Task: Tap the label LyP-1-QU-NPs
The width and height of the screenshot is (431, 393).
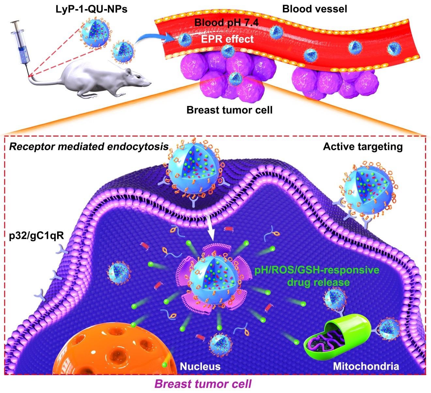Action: pos(91,9)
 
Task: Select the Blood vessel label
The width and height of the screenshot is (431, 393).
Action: pos(315,9)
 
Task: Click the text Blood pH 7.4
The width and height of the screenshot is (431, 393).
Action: pos(226,23)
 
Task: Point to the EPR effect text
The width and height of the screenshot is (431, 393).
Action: pos(227,39)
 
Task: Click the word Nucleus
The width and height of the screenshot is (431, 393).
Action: pos(200,366)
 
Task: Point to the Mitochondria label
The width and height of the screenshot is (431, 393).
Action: pos(366,366)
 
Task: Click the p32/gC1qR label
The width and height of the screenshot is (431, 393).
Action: pos(36,235)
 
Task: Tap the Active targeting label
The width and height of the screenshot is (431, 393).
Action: pos(363,147)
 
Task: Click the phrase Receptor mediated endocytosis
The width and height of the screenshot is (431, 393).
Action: pos(89,147)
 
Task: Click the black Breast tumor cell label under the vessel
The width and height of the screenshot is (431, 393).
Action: pos(229,110)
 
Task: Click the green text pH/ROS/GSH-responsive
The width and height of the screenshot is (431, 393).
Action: pos(316,270)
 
